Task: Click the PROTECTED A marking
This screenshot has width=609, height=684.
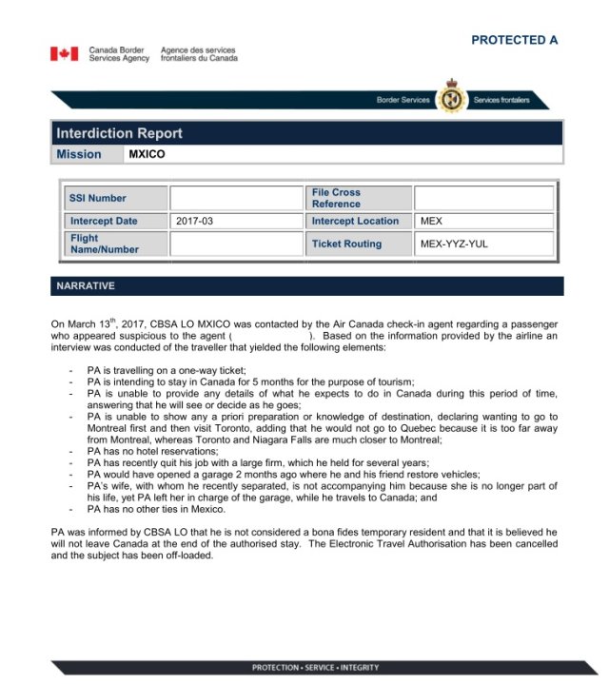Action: (x=514, y=40)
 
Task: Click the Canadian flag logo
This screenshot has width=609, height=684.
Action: (x=65, y=54)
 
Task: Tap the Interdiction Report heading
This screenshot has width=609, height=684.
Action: (x=119, y=133)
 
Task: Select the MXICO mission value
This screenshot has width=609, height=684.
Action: (x=147, y=154)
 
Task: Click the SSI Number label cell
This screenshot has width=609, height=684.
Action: (x=97, y=198)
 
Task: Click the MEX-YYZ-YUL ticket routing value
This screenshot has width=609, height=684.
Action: (x=455, y=244)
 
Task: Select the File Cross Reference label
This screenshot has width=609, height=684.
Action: (x=336, y=198)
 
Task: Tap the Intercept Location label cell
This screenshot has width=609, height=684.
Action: (x=355, y=221)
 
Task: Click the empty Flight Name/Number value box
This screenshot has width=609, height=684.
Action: (x=235, y=244)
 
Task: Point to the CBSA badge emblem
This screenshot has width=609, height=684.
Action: (x=451, y=99)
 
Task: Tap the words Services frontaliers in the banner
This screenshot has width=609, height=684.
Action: (x=501, y=100)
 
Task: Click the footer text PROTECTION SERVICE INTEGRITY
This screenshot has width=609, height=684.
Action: (x=315, y=667)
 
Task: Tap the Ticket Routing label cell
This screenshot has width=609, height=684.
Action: (x=346, y=244)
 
